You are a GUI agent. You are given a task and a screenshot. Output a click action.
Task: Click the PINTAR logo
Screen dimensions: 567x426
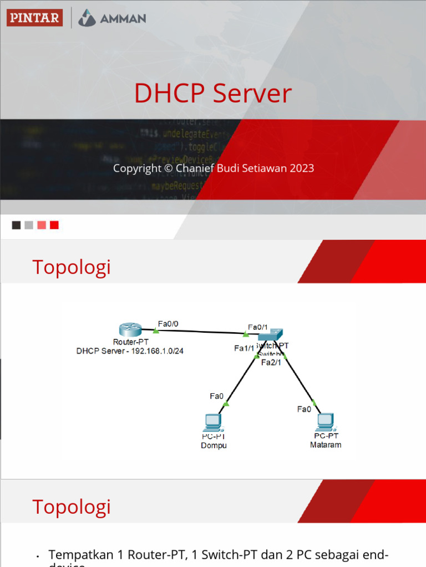pyautogui.click(x=34, y=18)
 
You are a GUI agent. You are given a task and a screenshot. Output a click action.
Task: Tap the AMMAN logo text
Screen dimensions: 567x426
pyautogui.click(x=123, y=18)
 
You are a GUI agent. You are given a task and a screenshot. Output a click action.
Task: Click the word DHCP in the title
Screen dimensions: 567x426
pyautogui.click(x=166, y=94)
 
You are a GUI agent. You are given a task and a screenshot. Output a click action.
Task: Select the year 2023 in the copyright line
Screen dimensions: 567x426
pyautogui.click(x=302, y=168)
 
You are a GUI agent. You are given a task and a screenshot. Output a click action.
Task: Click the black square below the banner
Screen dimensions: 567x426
pyautogui.click(x=17, y=225)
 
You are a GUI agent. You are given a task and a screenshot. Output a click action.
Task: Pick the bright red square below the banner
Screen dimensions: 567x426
pyautogui.click(x=54, y=225)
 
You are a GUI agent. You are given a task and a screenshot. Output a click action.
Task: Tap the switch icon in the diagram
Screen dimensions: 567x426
pyautogui.click(x=270, y=335)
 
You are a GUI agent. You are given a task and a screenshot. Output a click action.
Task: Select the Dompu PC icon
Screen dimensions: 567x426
pyautogui.click(x=213, y=422)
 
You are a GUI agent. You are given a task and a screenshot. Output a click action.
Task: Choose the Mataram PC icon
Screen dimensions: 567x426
pyautogui.click(x=325, y=422)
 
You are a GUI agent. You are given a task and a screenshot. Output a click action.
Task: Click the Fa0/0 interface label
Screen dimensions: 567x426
pyautogui.click(x=168, y=324)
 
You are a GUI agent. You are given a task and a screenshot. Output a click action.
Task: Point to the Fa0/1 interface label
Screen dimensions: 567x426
pyautogui.click(x=258, y=327)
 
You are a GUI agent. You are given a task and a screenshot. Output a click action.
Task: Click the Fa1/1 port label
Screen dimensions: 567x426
pyautogui.click(x=244, y=348)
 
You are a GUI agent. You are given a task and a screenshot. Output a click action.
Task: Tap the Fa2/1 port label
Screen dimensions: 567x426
pyautogui.click(x=271, y=363)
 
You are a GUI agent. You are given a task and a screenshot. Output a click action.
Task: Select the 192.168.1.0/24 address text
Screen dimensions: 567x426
pyautogui.click(x=157, y=351)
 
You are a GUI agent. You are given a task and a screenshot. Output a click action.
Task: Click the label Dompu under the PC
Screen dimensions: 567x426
pyautogui.click(x=214, y=446)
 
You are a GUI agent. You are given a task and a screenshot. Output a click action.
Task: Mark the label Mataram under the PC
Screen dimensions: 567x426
pyautogui.click(x=326, y=445)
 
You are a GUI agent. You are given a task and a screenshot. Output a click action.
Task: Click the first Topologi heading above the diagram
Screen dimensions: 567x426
pyautogui.click(x=72, y=267)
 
